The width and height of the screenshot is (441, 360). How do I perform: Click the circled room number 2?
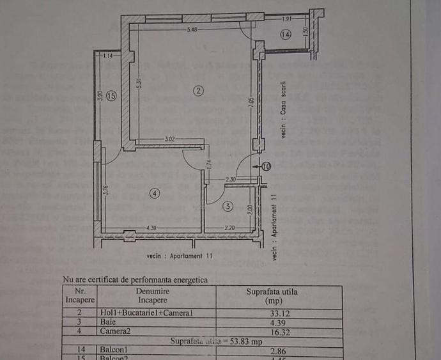click(x=199, y=91)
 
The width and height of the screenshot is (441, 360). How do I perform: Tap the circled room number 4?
click(x=155, y=192)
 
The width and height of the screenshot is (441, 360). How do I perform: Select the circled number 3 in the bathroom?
click(x=228, y=206)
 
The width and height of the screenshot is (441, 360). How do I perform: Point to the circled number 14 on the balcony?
click(x=285, y=35)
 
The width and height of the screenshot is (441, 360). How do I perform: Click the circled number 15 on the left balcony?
click(x=111, y=97)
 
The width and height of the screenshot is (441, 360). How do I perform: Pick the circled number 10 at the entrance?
click(x=266, y=166)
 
